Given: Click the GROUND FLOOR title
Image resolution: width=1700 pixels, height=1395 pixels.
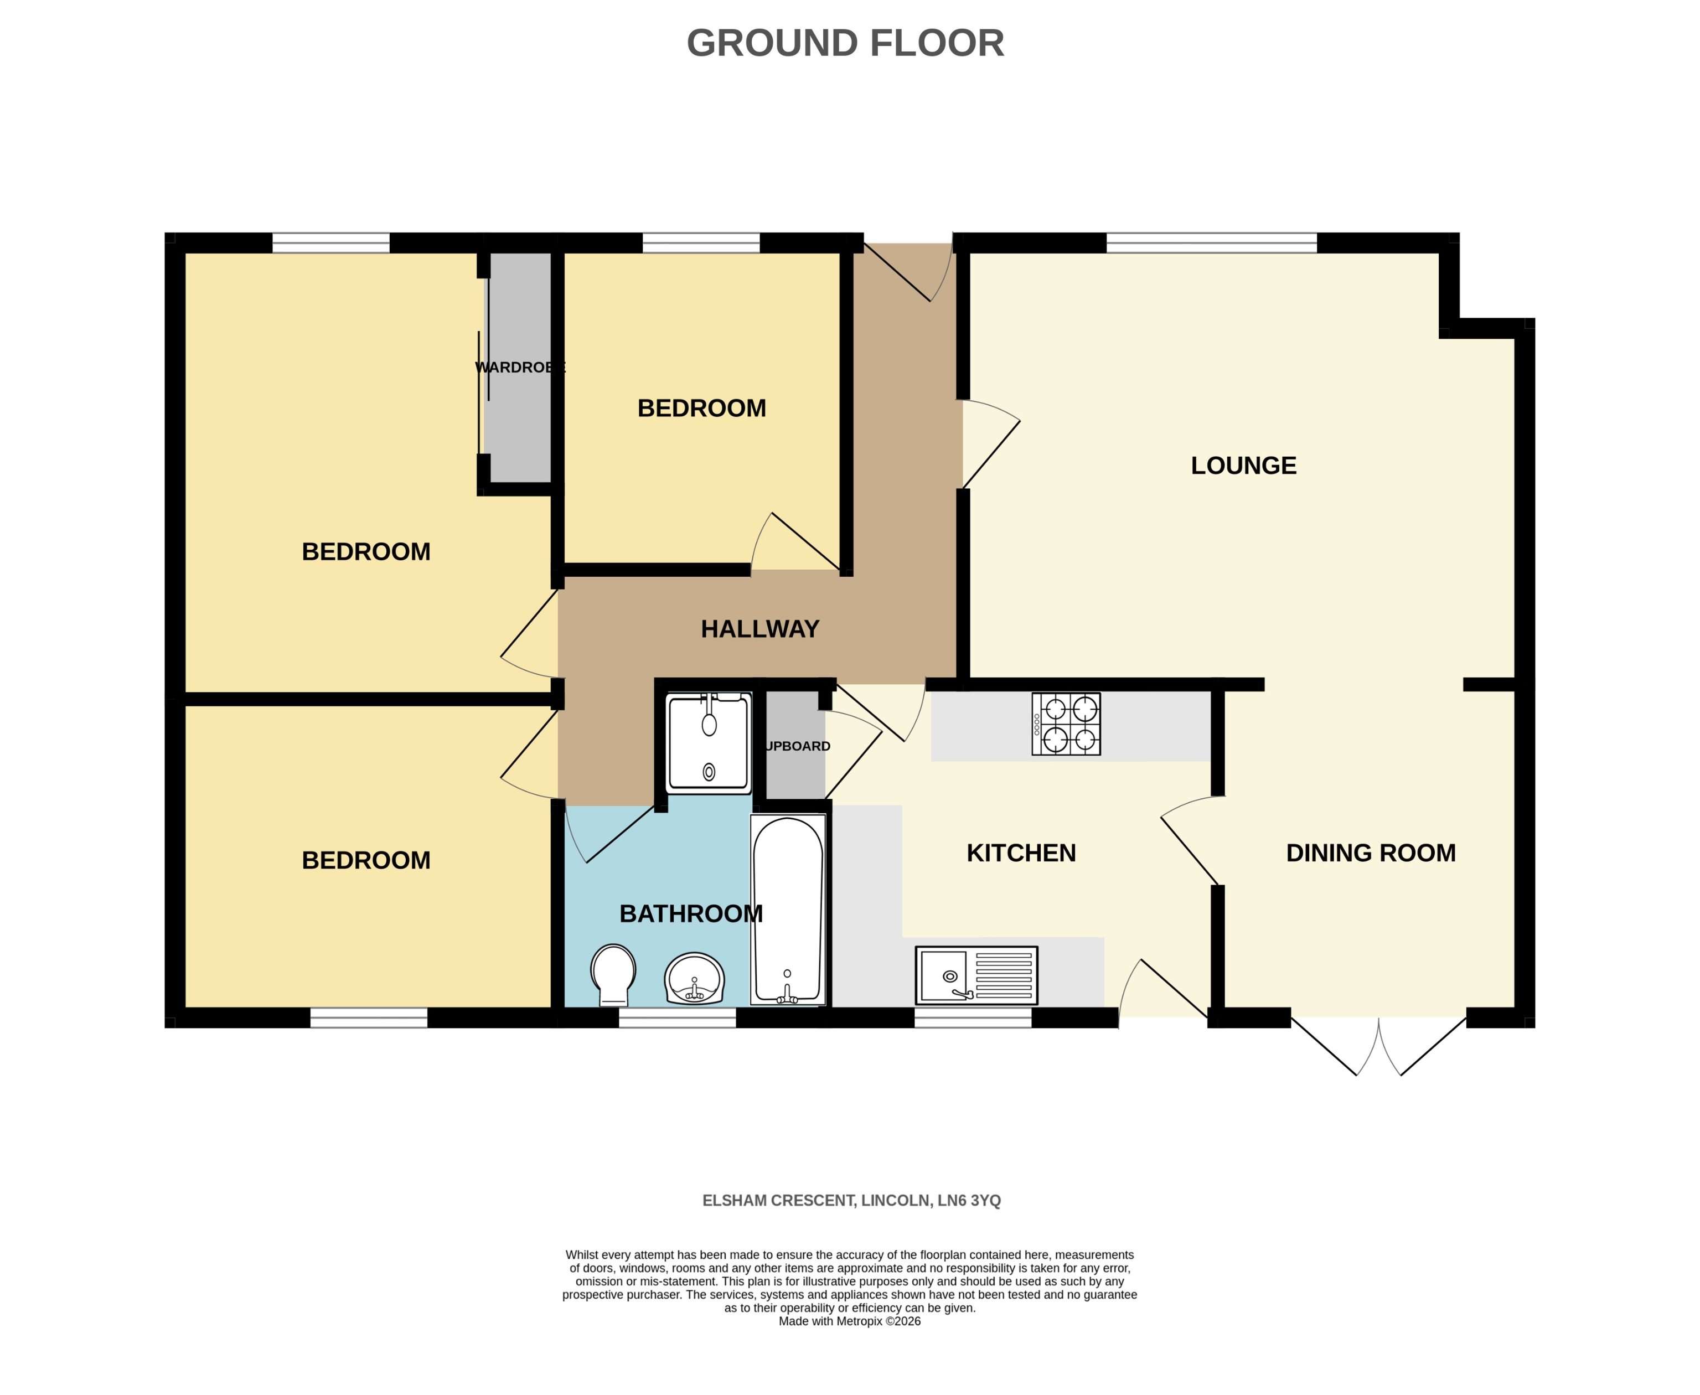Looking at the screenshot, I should pyautogui.click(x=845, y=43).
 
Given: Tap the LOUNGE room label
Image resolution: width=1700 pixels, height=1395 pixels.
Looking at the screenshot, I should pyautogui.click(x=1243, y=465).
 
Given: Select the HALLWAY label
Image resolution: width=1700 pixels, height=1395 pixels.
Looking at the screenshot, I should pyautogui.click(x=759, y=628).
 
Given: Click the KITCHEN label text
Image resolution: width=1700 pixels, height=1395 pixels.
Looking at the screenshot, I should pyautogui.click(x=1020, y=852).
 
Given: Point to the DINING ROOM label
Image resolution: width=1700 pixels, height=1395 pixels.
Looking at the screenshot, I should pyautogui.click(x=1370, y=852).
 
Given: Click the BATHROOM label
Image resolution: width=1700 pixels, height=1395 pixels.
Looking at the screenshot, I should pyautogui.click(x=690, y=913).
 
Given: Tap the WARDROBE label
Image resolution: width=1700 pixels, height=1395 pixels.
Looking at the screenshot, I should pyautogui.click(x=520, y=367).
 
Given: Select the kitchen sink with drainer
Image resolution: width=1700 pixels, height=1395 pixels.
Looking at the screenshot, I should pyautogui.click(x=975, y=975).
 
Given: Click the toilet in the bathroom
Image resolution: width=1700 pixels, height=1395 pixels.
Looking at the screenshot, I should pyautogui.click(x=613, y=974).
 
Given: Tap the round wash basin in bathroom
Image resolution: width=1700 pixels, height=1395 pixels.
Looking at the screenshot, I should pyautogui.click(x=694, y=979).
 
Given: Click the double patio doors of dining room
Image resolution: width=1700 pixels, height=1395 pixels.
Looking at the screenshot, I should pyautogui.click(x=1378, y=1045).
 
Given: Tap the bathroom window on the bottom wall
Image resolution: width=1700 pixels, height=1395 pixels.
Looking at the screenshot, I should pyautogui.click(x=676, y=1018).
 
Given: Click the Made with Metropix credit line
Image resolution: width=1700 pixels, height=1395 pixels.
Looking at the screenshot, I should pyautogui.click(x=849, y=1321).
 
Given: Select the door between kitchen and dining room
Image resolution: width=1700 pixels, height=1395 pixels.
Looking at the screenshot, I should pyautogui.click(x=1191, y=844).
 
